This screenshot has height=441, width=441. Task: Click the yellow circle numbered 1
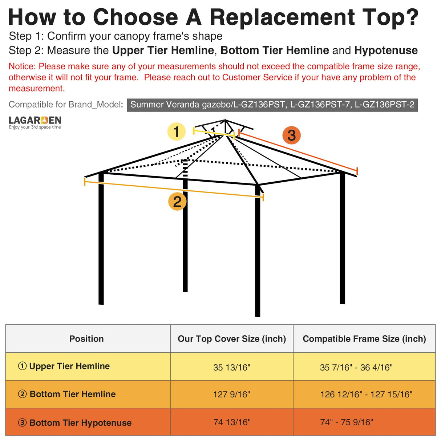pyautogui.click(x=176, y=132)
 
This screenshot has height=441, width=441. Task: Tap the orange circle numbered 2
pyautogui.click(x=177, y=201)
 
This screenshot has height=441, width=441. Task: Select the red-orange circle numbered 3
pyautogui.click(x=291, y=135)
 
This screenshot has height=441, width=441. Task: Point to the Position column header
pyautogui.click(x=86, y=339)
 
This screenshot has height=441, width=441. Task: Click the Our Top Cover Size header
pyautogui.click(x=232, y=339)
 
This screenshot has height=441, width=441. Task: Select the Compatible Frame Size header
pyautogui.click(x=364, y=339)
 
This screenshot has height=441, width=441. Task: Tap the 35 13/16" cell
pyautogui.click(x=232, y=367)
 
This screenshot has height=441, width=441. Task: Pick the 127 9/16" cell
pyautogui.click(x=232, y=394)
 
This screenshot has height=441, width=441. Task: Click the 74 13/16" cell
pyautogui.click(x=232, y=422)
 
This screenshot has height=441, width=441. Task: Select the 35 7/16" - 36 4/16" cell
pyautogui.click(x=356, y=367)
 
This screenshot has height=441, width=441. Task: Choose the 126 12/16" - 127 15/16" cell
pyautogui.click(x=366, y=394)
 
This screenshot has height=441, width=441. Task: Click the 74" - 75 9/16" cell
pyautogui.click(x=347, y=422)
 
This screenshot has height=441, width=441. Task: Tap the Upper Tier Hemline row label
pyautogui.click(x=69, y=366)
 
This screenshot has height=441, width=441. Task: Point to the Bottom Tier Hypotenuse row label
pyautogui.click(x=80, y=422)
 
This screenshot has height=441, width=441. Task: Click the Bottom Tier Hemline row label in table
pyautogui.click(x=73, y=394)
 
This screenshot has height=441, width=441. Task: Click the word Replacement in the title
pyautogui.click(x=282, y=17)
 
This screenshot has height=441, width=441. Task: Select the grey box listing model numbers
pyautogui.click(x=272, y=105)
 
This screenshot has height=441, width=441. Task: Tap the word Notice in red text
pyautogui.click(x=22, y=66)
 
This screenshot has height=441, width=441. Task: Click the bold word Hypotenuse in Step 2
pyautogui.click(x=386, y=50)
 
